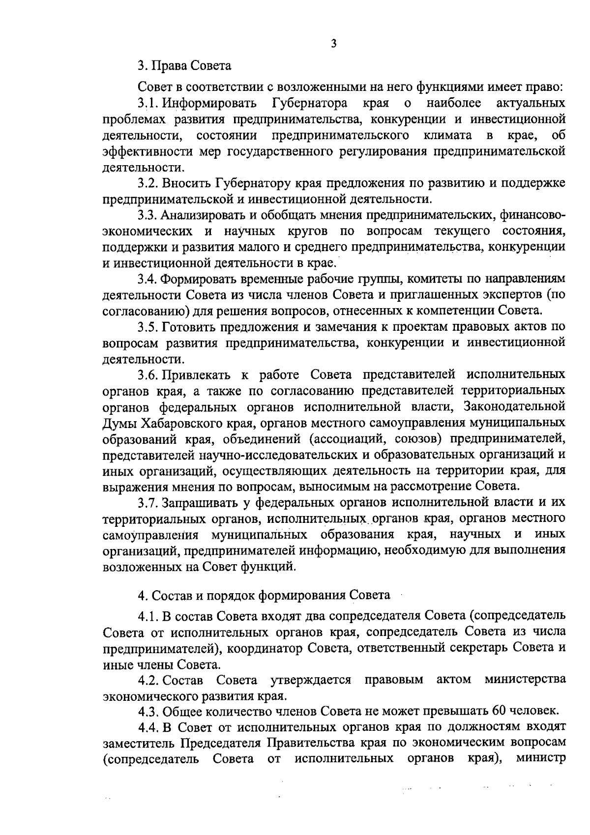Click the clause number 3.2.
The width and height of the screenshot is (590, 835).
(x=147, y=184)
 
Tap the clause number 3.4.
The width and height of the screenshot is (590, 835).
(x=147, y=279)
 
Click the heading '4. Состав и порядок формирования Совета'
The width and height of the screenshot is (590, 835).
(x=264, y=596)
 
